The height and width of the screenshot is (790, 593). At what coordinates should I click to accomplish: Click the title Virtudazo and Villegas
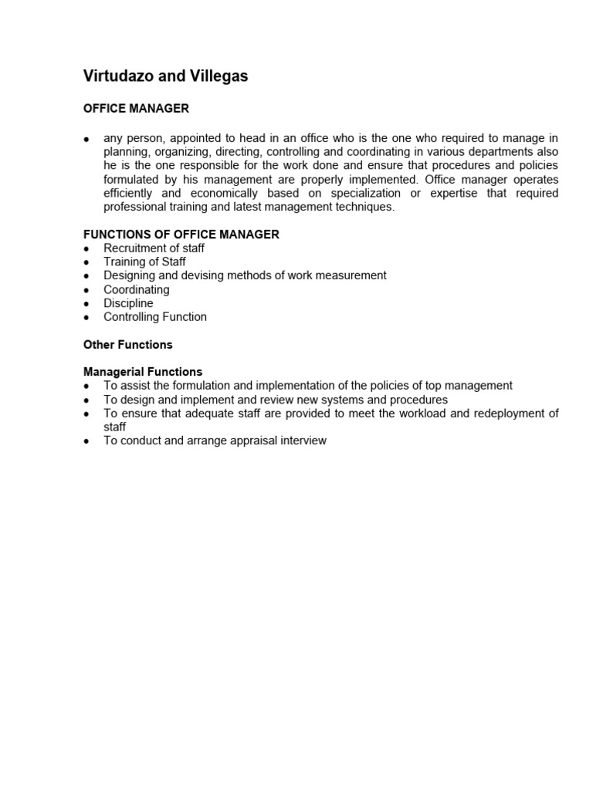pyautogui.click(x=165, y=76)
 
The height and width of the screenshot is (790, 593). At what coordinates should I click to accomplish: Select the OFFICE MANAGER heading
pyautogui.click(x=136, y=109)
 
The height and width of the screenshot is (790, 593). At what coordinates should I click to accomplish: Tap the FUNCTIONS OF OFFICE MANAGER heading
pyautogui.click(x=181, y=234)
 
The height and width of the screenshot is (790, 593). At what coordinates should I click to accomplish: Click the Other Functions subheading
pyautogui.click(x=128, y=344)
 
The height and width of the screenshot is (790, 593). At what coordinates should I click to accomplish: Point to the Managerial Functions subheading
pyautogui.click(x=143, y=372)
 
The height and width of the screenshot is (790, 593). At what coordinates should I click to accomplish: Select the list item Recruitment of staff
pyautogui.click(x=154, y=248)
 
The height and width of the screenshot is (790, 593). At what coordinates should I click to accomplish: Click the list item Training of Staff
pyautogui.click(x=144, y=262)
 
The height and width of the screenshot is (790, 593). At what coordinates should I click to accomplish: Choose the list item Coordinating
pyautogui.click(x=137, y=289)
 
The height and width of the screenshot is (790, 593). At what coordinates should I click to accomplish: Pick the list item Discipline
pyautogui.click(x=128, y=303)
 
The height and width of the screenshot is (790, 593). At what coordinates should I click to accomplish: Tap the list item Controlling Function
pyautogui.click(x=155, y=316)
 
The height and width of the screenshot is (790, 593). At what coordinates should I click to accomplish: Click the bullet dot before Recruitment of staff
pyautogui.click(x=86, y=248)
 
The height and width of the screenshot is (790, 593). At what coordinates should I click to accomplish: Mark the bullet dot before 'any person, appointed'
pyautogui.click(x=86, y=139)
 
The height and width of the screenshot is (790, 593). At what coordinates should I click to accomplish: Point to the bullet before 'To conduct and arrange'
pyautogui.click(x=86, y=441)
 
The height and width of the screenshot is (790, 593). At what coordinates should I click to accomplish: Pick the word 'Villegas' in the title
pyautogui.click(x=219, y=76)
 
